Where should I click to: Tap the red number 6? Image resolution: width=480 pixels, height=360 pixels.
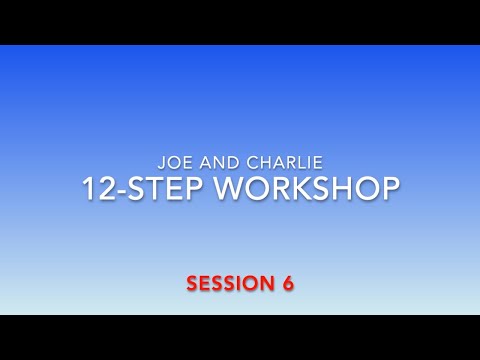tap(287, 283)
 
